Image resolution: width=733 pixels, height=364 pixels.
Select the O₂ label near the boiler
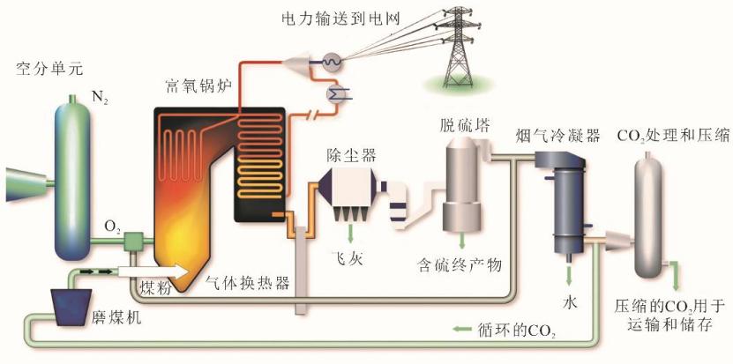tap(112, 227)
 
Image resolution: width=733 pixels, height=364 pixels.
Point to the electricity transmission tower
tap(457, 44)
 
